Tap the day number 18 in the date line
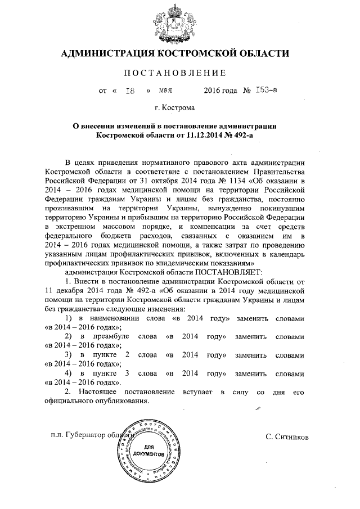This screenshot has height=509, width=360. (x=129, y=90)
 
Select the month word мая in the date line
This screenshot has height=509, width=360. (x=165, y=90)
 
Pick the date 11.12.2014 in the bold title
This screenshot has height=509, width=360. (x=193, y=136)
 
